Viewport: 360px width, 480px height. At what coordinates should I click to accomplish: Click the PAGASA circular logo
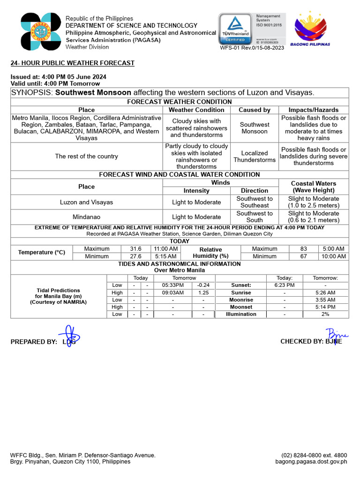[x=41, y=31]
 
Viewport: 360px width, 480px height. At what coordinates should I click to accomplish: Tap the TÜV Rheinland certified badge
[x=235, y=30]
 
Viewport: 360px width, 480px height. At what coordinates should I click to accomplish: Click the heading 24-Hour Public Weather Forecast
[x=73, y=63]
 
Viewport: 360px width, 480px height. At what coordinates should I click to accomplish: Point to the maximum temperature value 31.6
[x=135, y=249]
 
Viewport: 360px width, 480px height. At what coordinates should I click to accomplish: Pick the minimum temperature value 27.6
[x=135, y=256]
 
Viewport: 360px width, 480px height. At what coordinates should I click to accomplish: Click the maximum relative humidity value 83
[x=303, y=249]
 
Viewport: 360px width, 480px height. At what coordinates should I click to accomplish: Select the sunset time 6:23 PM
[x=285, y=285]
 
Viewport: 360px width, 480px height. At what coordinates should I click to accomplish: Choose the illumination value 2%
[x=325, y=314]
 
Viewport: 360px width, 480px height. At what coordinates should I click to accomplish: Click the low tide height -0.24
[x=203, y=285]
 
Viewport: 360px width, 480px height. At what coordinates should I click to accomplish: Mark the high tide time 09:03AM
[x=172, y=292]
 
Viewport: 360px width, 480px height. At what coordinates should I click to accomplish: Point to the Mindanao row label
[x=86, y=217]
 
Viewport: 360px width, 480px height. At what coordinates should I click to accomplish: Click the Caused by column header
[x=255, y=110]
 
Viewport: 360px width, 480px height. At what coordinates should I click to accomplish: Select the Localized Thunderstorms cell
[x=255, y=156]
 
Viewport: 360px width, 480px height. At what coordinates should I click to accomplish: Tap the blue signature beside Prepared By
[x=71, y=336]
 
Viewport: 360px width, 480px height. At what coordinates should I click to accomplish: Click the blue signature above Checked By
[x=336, y=335]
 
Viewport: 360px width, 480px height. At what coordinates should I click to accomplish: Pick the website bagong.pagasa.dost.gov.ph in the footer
[x=311, y=462]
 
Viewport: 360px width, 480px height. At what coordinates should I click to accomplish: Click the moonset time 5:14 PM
[x=325, y=307]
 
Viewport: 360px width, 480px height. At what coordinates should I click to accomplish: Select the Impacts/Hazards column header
[x=313, y=110]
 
